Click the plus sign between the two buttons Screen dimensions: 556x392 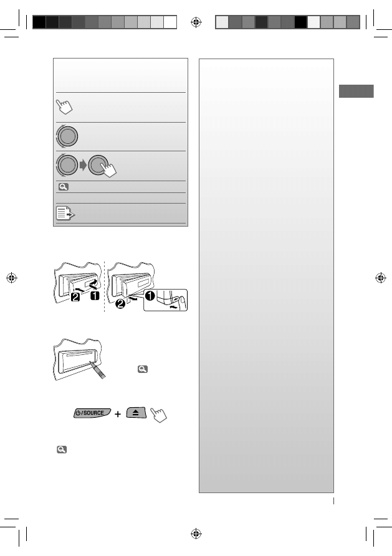[x=118, y=413]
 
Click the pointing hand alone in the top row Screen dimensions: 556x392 [x=64, y=106]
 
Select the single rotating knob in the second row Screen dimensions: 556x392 [x=70, y=136]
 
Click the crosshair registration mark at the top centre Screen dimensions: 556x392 [x=197, y=22]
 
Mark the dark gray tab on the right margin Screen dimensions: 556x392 [x=356, y=91]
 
